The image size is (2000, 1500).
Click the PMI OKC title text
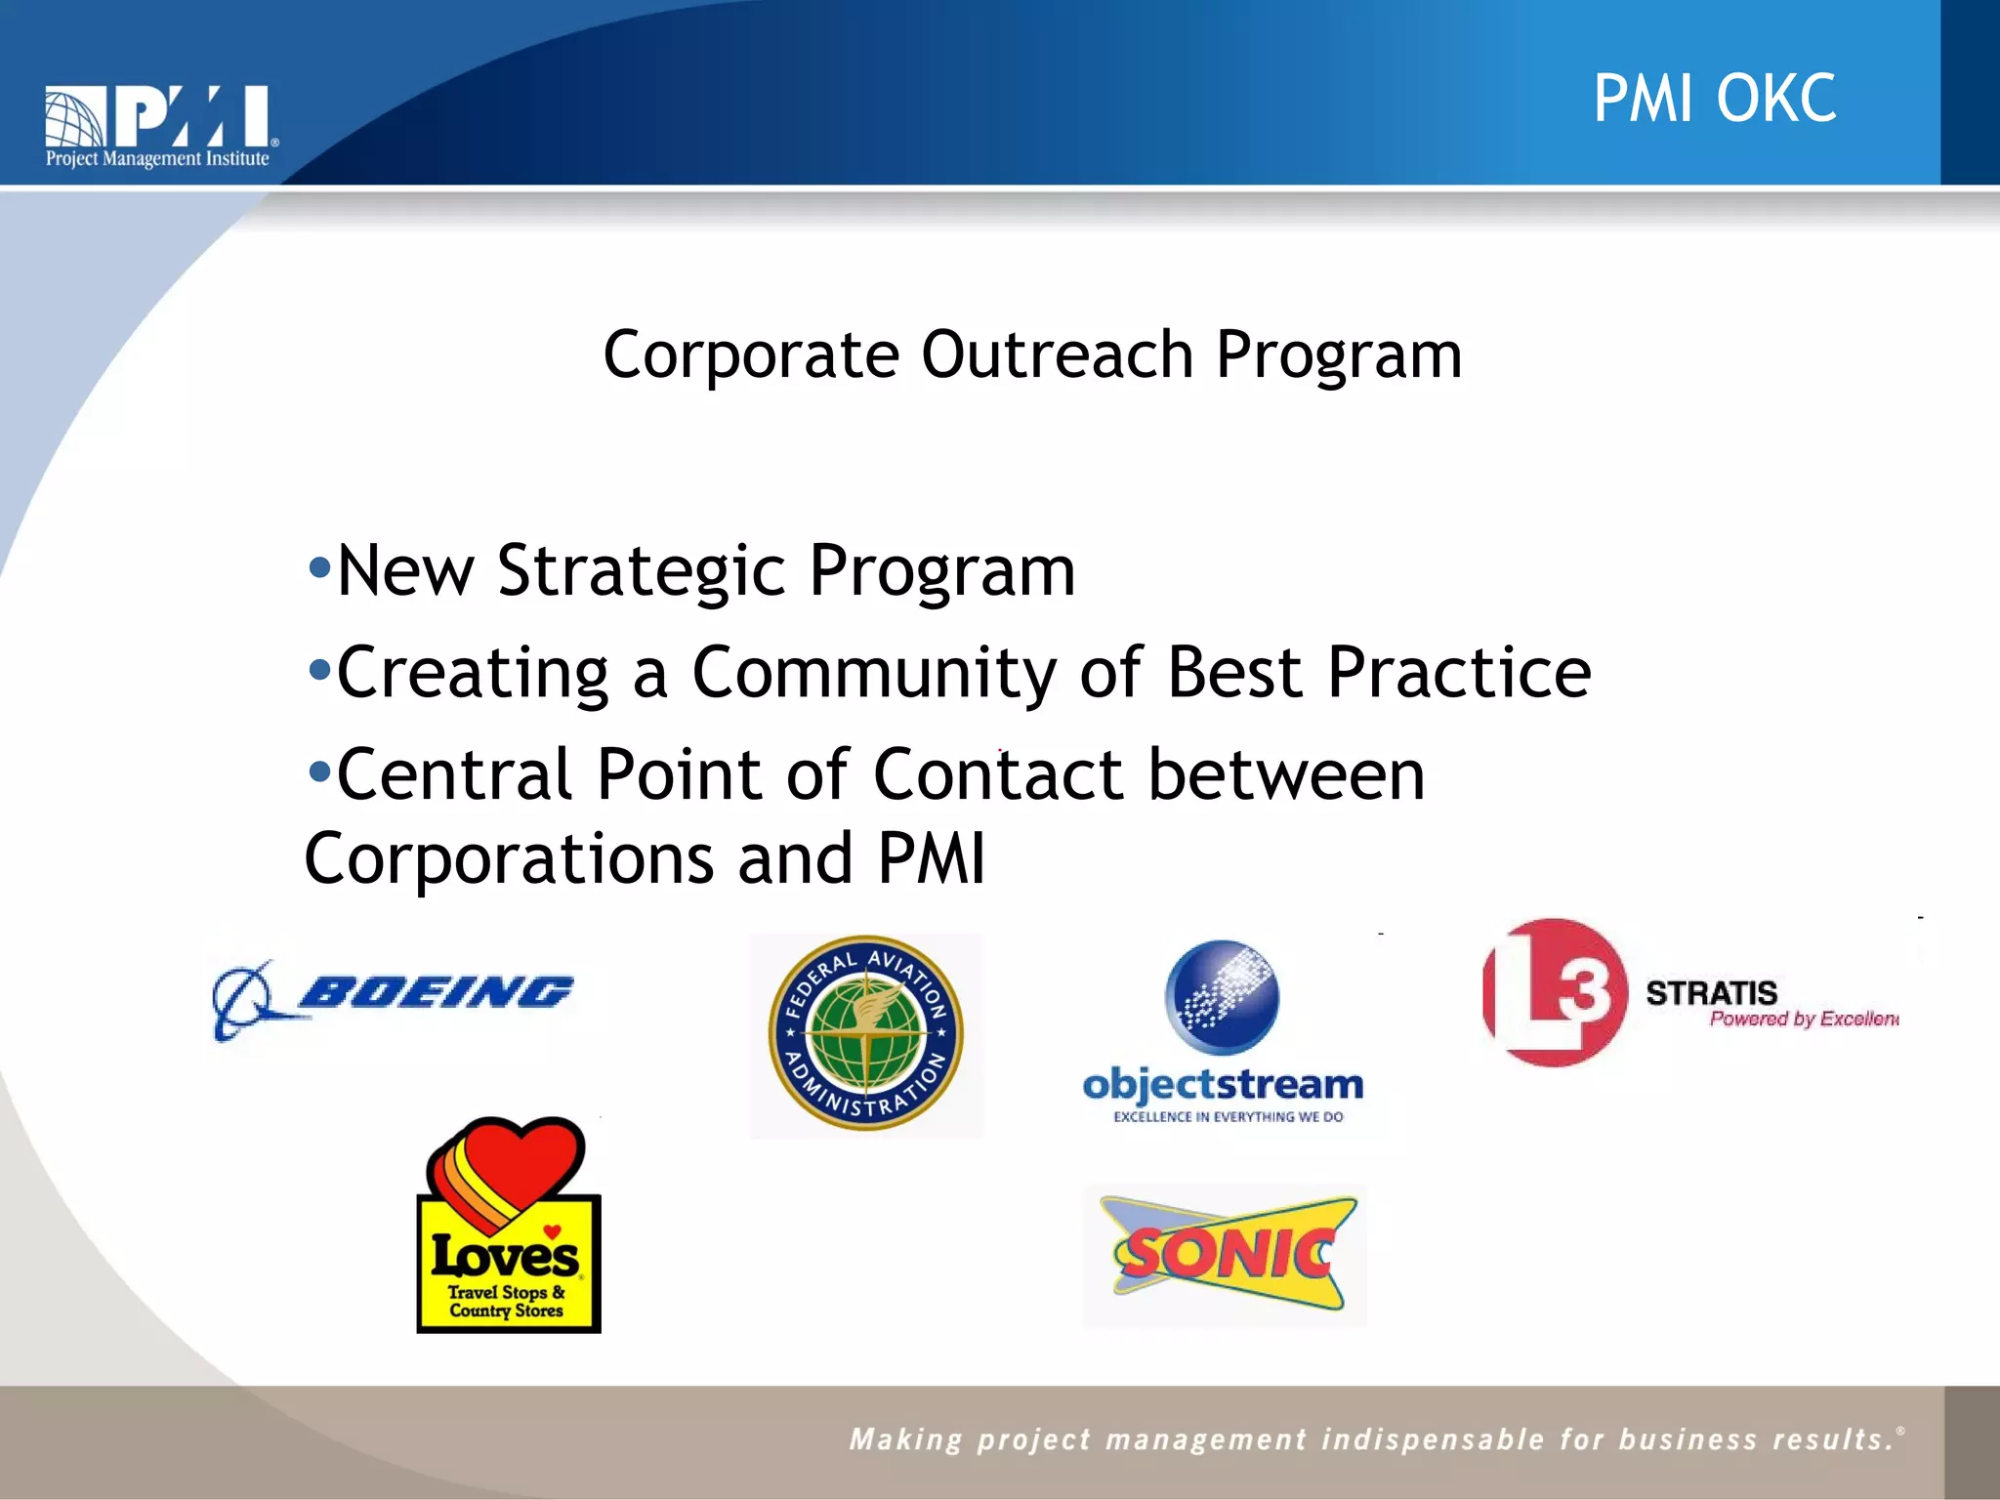[1714, 99]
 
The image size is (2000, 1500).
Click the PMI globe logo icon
[75, 117]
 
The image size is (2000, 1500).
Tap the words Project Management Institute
[157, 159]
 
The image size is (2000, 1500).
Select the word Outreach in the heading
[1057, 354]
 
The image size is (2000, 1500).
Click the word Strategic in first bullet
[641, 570]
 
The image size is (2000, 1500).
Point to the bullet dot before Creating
[318, 670]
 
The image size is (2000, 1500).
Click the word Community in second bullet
[874, 673]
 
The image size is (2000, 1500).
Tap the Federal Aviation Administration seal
[866, 1034]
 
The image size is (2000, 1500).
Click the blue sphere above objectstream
[1222, 996]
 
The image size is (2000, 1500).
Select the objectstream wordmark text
[1223, 1085]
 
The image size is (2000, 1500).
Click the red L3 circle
[1555, 992]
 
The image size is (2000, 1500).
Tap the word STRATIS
[1711, 993]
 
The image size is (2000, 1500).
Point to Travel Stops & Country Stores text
[506, 1302]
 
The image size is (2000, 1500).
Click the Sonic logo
[1226, 1254]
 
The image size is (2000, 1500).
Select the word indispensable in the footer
[1433, 1439]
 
